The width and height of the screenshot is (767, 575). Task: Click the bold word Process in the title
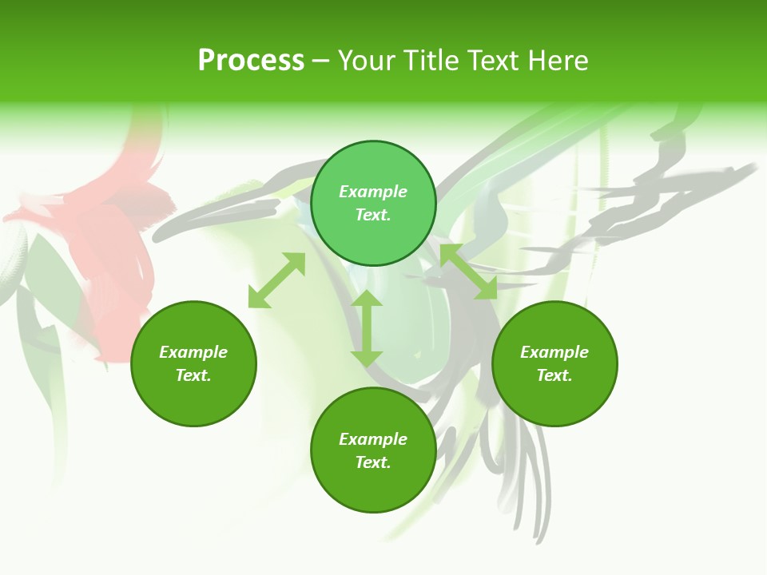tap(251, 61)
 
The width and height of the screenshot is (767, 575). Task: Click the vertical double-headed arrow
tap(367, 328)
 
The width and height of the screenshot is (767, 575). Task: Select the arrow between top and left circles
tap(276, 280)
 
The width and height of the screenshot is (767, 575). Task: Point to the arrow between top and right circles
tap(468, 272)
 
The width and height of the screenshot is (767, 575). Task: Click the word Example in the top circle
tap(373, 192)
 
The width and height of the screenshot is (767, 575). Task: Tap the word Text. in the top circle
tap(373, 215)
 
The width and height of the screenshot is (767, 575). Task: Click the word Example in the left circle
tap(193, 352)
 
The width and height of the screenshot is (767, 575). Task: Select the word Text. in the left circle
tap(193, 375)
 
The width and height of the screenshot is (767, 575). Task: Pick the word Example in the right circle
tap(554, 352)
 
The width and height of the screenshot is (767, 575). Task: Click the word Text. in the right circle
tap(554, 375)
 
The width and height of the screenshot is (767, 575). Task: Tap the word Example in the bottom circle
tap(373, 439)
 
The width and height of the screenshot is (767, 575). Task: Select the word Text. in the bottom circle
tap(373, 462)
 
